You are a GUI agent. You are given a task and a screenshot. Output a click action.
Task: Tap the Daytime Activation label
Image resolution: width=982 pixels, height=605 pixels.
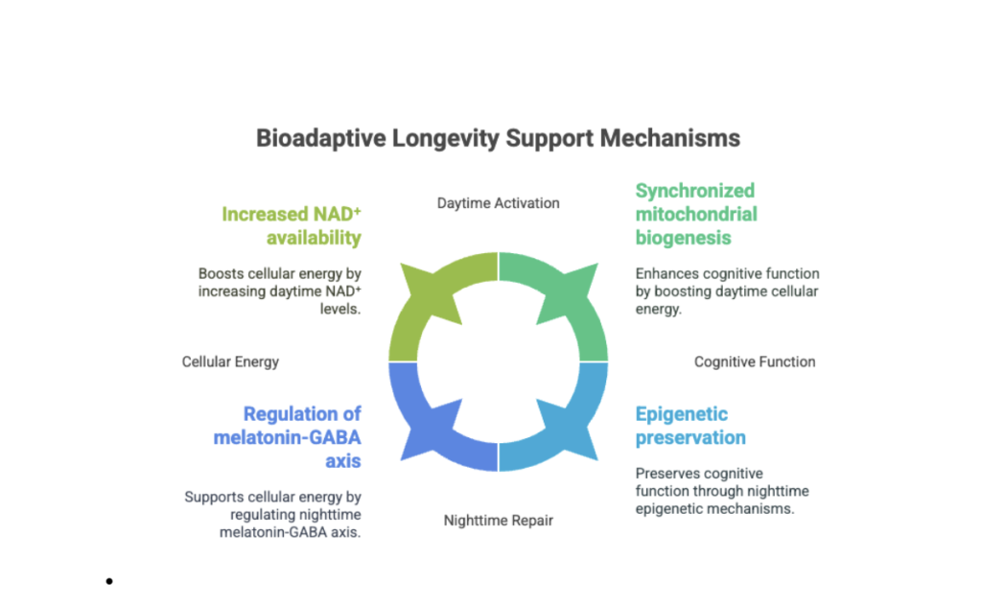pos(498,202)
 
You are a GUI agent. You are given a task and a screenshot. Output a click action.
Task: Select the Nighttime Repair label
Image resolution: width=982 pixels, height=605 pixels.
pos(498,521)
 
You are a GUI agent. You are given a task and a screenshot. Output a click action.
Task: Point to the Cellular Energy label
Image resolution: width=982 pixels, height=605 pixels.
pos(230,361)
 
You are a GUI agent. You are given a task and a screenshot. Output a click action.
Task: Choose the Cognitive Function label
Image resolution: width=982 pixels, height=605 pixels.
pos(755,361)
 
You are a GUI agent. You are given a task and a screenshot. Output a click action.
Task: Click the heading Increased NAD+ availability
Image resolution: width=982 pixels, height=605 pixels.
pos(292,225)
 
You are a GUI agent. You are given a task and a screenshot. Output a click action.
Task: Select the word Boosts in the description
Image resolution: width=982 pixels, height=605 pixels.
pos(222,273)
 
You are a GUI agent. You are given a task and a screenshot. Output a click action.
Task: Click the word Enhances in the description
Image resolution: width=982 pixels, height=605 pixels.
pos(667,273)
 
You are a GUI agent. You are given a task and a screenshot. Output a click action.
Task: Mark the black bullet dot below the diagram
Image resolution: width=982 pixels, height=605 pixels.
pos(110,581)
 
